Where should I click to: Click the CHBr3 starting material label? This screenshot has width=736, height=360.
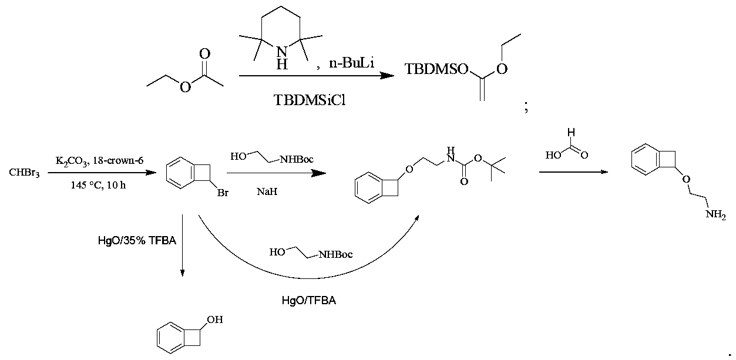coord(24,173)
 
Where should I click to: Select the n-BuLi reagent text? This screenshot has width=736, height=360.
coord(352,62)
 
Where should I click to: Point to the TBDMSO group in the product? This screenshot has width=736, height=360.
coord(436,69)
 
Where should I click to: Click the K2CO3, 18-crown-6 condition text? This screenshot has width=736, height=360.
coord(99,161)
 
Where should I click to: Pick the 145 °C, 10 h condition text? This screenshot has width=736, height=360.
coord(98,185)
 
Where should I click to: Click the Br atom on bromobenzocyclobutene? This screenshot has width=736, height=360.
coord(223,193)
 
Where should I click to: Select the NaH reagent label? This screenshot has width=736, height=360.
coord(267,191)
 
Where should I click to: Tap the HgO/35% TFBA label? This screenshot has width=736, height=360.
coord(137,240)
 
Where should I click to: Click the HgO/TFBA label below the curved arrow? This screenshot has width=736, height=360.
coord(309,300)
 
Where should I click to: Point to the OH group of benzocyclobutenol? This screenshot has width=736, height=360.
coord(215,319)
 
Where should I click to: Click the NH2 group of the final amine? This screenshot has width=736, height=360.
coord(715,215)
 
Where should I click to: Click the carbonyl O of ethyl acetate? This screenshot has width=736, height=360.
coord(204,54)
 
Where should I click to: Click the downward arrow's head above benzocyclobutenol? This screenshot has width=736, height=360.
coord(182,273)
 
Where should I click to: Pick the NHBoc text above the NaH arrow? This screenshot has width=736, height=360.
coord(297,160)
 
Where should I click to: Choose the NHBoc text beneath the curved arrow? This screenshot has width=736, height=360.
coord(335,254)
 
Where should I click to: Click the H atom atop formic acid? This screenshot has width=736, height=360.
coord(571,132)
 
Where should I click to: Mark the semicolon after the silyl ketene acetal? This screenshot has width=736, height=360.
coord(526,107)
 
